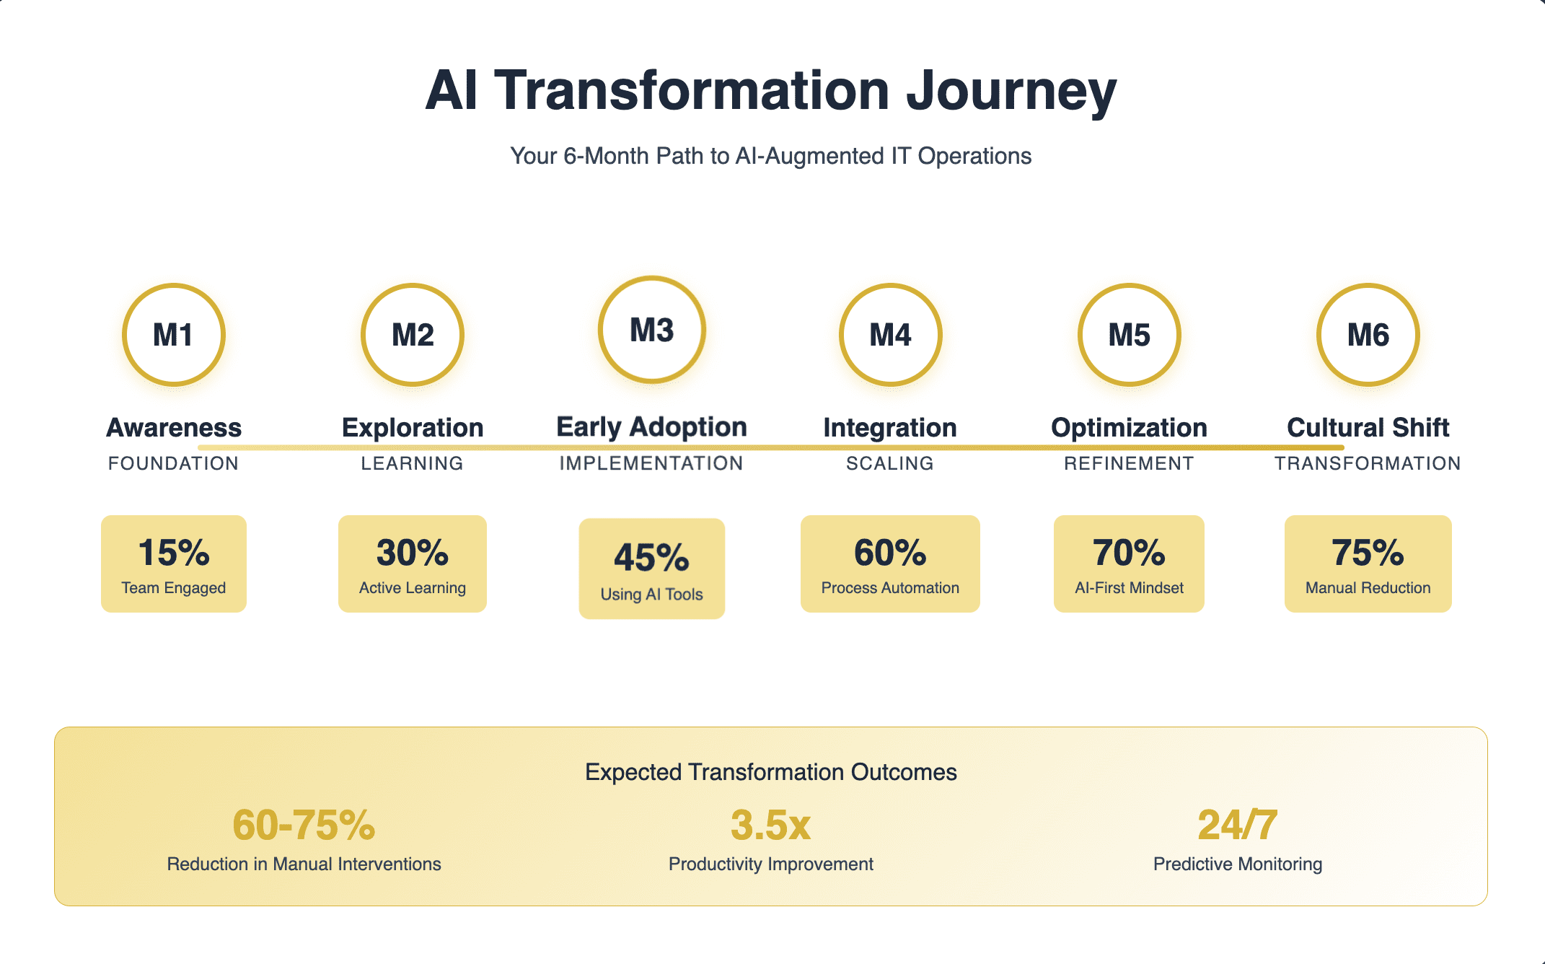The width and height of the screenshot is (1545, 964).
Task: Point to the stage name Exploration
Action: (413, 428)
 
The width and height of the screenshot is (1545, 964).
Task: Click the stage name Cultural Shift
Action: (1368, 428)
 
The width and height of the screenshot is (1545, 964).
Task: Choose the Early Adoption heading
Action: (651, 427)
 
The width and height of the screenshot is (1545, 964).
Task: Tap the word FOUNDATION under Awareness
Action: (173, 463)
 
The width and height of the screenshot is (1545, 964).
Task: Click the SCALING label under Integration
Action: (890, 463)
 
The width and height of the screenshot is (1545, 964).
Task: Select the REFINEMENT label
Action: (1129, 463)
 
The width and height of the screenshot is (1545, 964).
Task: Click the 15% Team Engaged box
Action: (174, 564)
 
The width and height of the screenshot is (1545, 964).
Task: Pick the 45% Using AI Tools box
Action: (651, 569)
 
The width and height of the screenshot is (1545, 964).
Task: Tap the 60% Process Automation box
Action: (890, 564)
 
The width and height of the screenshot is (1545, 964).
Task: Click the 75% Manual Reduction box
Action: (1368, 564)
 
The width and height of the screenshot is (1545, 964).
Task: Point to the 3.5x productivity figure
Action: (770, 825)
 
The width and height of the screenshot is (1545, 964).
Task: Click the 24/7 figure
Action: (1238, 825)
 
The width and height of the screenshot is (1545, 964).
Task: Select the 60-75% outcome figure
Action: (304, 825)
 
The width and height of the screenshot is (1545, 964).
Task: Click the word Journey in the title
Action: (1011, 92)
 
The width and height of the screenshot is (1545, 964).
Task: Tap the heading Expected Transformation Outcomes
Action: (771, 772)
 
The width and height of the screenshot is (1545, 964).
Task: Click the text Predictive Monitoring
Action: (1238, 864)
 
